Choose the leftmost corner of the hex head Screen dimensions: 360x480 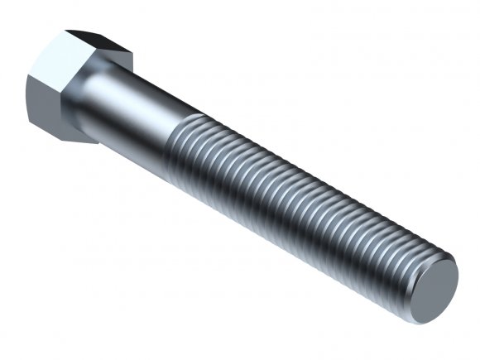pos(27,79)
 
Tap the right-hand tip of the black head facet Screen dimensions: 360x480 pos(132,56)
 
